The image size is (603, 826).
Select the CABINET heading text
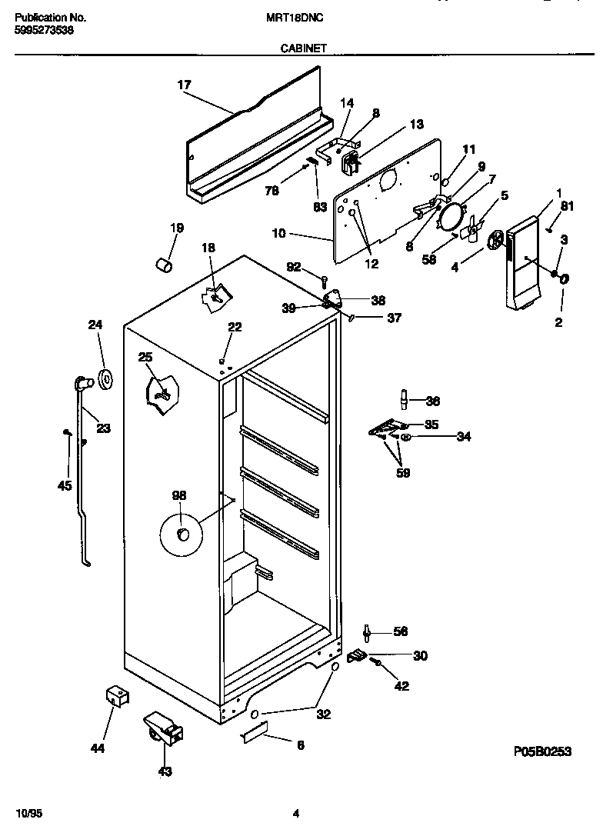[x=304, y=48]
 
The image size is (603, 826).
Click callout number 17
[x=184, y=85]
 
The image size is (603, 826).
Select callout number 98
[x=179, y=496]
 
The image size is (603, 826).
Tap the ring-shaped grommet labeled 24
[x=105, y=377]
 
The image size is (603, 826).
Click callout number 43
[x=165, y=771]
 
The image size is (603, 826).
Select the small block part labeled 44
[x=116, y=697]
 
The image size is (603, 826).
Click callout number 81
[x=567, y=205]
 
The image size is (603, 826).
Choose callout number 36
[x=432, y=401]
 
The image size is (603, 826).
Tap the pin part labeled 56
[x=368, y=632]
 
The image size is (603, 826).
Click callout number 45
[x=65, y=485]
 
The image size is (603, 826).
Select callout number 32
[x=323, y=714]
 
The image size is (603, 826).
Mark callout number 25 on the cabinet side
[x=145, y=357]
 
